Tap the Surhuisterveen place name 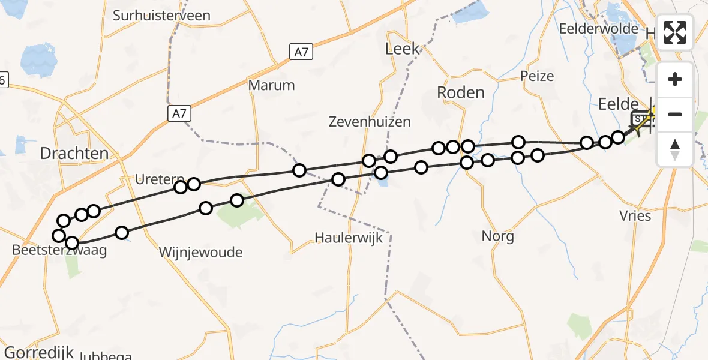(161, 15)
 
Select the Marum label (272, 85)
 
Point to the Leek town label (402, 49)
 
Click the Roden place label (460, 92)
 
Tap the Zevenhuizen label (370, 122)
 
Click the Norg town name (497, 236)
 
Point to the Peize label (537, 76)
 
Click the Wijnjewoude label (200, 253)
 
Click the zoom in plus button (675, 80)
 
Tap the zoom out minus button (675, 114)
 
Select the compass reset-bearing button (675, 148)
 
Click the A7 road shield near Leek (301, 52)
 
